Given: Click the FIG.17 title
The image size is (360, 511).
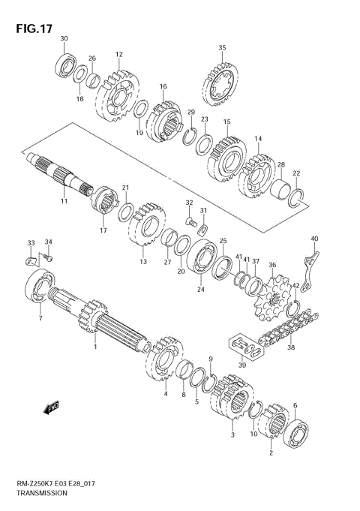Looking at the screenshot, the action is [34, 29].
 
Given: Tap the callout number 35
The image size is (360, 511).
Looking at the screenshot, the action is [222, 47].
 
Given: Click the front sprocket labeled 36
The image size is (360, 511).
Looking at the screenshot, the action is [273, 299].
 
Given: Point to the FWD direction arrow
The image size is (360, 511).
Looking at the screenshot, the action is [51, 407].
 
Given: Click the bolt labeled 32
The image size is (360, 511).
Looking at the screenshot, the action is [191, 222].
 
